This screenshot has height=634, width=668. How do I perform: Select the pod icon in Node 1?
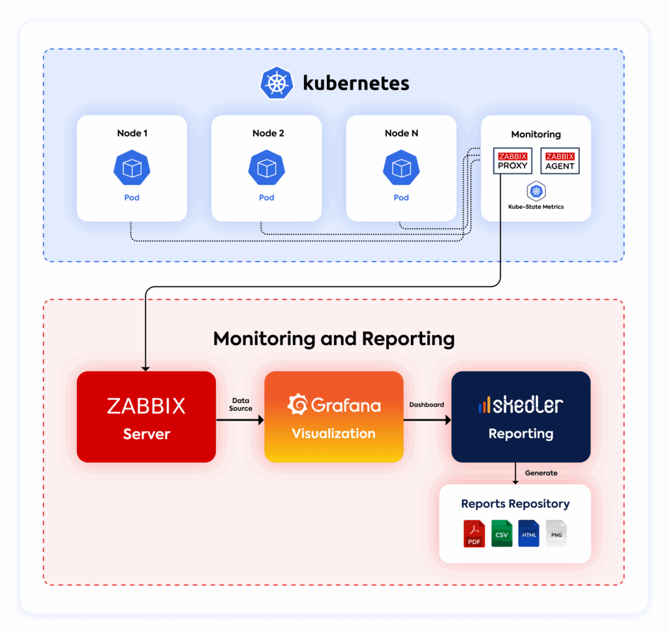(132, 168)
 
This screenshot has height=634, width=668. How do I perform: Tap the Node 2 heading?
(268, 133)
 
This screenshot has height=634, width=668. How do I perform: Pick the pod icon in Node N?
(401, 168)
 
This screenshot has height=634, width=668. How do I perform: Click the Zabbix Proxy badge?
(513, 161)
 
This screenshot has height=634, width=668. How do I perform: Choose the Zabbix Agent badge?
(560, 161)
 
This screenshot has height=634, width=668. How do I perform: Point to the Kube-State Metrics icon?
(536, 191)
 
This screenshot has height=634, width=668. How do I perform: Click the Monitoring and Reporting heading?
(334, 339)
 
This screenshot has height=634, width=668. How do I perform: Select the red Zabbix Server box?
(146, 417)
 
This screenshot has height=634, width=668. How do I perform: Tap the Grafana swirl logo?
(298, 405)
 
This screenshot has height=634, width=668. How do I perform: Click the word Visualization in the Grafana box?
(334, 434)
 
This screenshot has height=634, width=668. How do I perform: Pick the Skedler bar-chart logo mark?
(483, 406)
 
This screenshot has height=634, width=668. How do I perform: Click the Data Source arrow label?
(241, 404)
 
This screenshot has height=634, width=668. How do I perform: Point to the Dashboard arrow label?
(427, 404)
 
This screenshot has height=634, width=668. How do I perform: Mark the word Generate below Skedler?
(541, 473)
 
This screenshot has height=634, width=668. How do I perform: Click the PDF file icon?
(474, 534)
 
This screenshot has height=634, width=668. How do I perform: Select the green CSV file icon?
(502, 534)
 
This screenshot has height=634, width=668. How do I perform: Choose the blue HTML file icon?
(529, 534)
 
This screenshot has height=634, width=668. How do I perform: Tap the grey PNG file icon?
(556, 534)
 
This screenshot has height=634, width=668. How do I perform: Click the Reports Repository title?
(515, 504)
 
